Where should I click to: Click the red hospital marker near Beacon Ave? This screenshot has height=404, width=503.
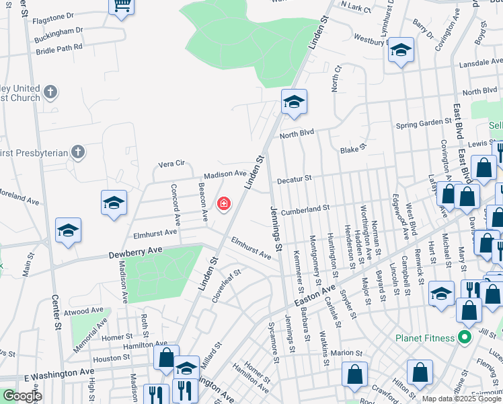pyautogui.click(x=223, y=203)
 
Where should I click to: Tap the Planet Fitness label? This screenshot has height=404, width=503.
pyautogui.click(x=426, y=337)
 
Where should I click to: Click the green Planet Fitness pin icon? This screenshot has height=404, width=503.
pyautogui.click(x=463, y=337)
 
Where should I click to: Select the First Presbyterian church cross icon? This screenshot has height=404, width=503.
pyautogui.click(x=78, y=151)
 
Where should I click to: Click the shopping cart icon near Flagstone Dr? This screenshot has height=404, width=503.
pyautogui.click(x=122, y=6)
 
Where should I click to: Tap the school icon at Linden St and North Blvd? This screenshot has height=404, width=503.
pyautogui.click(x=294, y=102)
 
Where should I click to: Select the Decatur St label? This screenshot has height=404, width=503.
pyautogui.click(x=295, y=178)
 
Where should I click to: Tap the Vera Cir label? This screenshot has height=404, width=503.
pyautogui.click(x=171, y=164)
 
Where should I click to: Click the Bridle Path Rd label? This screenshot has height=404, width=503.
pyautogui.click(x=59, y=47)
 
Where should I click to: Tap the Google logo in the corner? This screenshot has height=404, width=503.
pyautogui.click(x=22, y=396)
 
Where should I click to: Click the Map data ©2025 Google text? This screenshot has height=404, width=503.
pyautogui.click(x=461, y=399)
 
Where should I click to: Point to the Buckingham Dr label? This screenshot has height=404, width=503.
pyautogui.click(x=60, y=31)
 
